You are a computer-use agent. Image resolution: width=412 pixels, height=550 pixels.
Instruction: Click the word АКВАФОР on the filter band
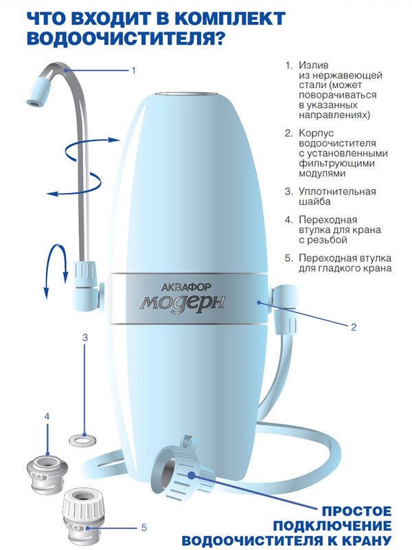[x=185, y=287]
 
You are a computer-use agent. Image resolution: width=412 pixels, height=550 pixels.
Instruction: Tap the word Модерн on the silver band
[x=183, y=302]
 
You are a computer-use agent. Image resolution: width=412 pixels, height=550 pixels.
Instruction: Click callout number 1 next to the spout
[x=133, y=71]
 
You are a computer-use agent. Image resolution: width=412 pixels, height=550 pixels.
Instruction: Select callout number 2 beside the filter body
[x=354, y=327]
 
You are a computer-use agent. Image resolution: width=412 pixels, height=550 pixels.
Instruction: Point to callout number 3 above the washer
[x=84, y=338]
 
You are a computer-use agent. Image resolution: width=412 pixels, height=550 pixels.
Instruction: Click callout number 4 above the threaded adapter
[x=47, y=417]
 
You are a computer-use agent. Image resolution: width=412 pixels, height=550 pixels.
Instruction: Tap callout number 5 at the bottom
[x=144, y=527]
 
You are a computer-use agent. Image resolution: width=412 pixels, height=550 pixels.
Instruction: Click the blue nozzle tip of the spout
[x=39, y=91]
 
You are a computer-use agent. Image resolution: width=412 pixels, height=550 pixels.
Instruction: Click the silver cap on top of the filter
[x=187, y=95]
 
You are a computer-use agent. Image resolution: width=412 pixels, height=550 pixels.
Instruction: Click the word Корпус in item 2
[x=317, y=133]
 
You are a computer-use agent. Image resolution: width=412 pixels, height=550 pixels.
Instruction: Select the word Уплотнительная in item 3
[x=337, y=192]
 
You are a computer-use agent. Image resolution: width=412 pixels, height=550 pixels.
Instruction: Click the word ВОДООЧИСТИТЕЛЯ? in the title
[x=126, y=38]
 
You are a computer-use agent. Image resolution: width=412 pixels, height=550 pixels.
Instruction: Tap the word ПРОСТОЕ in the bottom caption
[x=356, y=511]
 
